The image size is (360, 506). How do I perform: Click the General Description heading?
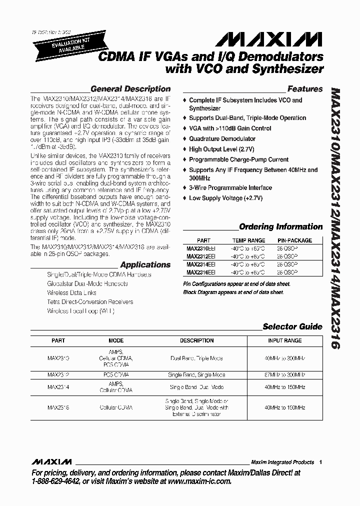pyautogui.click(x=130, y=89)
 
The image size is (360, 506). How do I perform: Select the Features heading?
pyautogui.click(x=304, y=89)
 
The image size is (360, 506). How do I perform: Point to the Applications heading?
pyautogui.click(x=145, y=264)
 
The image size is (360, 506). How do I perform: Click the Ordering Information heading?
pyautogui.click(x=280, y=226)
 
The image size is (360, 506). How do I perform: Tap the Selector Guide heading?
pyautogui.click(x=292, y=326)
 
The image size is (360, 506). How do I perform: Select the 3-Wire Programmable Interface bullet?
pyautogui.click(x=230, y=187)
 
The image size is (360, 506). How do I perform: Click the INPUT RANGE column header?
pyautogui.click(x=284, y=340)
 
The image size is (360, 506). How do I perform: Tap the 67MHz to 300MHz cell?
pyautogui.click(x=284, y=374)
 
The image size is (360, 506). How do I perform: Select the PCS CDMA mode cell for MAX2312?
pyautogui.click(x=115, y=374)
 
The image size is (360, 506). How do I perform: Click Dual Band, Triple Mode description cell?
pyautogui.click(x=196, y=358)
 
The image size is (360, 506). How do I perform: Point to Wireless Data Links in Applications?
pyautogui.click(x=71, y=292)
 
